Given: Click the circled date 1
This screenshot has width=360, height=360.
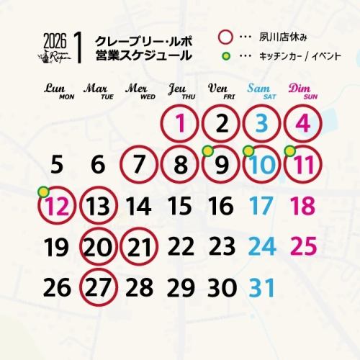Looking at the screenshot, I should coord(181,124).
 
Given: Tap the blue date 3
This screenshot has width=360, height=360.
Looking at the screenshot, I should coord(262,124).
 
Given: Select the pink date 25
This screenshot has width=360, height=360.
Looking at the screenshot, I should coord(304,247).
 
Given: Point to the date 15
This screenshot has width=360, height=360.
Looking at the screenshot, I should coord(181,207).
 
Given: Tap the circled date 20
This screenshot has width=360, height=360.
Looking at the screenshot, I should coord(99,247).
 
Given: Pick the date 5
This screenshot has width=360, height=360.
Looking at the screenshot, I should coord(58,166).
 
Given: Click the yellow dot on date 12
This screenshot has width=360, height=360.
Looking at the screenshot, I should coord(42,192).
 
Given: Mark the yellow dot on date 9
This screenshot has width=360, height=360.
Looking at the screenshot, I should coord(207,150).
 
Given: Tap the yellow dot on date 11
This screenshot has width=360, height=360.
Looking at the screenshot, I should coord(289,150).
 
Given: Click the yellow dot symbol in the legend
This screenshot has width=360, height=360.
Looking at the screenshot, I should coord(225,56).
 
